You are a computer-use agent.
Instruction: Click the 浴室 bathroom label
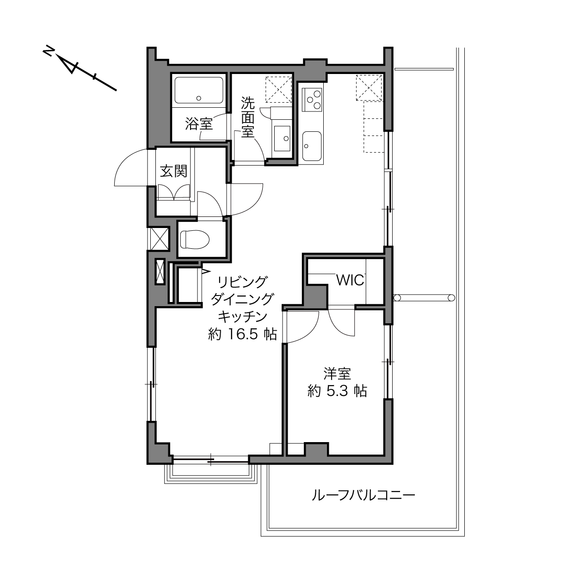[198, 123]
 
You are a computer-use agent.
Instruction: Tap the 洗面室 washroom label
[248, 117]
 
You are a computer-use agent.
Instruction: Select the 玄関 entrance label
[173, 171]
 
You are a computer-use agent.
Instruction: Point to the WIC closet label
[350, 280]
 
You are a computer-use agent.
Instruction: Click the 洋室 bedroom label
[337, 374]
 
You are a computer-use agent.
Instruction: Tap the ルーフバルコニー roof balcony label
[363, 495]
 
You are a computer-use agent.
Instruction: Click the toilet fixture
[195, 239]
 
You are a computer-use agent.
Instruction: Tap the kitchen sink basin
[312, 146]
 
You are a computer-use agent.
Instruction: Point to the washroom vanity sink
[282, 138]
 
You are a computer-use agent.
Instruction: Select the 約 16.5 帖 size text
[242, 334]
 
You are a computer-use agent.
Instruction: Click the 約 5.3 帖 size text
[337, 391]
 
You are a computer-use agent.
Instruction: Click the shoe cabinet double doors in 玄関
[174, 192]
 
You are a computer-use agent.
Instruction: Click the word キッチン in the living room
[242, 316]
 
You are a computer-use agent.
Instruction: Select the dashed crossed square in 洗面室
[278, 90]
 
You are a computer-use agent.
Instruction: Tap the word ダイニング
[242, 299]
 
